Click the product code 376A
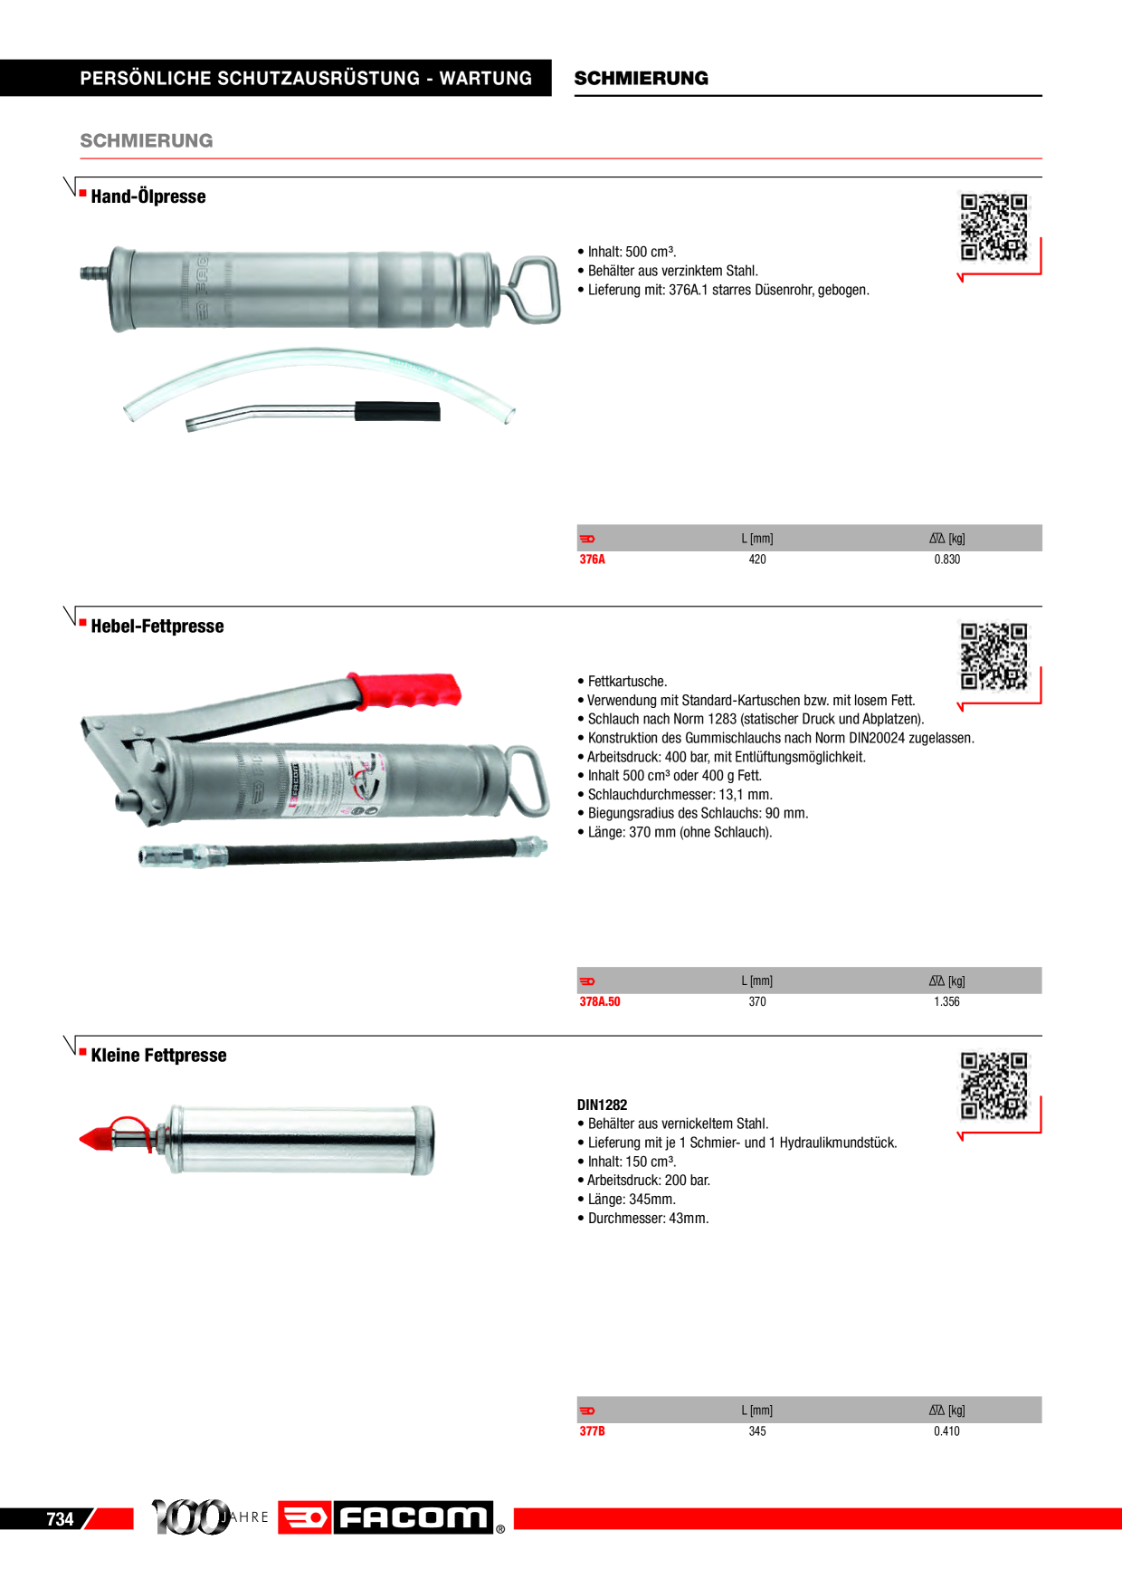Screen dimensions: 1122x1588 click(x=592, y=560)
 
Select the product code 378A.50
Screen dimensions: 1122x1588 click(x=600, y=1001)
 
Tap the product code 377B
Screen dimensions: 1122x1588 click(x=592, y=1430)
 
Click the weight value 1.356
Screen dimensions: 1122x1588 click(x=946, y=1001)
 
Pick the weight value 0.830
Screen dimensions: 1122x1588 click(x=946, y=560)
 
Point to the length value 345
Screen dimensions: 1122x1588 click(x=757, y=1430)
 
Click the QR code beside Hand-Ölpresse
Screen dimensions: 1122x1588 click(x=994, y=227)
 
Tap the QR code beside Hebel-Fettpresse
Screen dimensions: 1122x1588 click(x=994, y=656)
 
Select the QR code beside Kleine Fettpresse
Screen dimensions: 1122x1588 click(x=994, y=1086)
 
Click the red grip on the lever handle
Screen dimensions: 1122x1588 click(x=405, y=689)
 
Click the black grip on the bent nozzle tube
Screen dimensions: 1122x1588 click(x=397, y=411)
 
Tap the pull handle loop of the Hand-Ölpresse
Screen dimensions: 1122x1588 click(x=535, y=289)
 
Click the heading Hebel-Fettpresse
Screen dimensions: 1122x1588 click(x=157, y=627)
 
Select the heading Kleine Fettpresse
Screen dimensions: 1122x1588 click(x=158, y=1056)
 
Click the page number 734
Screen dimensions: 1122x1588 click(x=60, y=1519)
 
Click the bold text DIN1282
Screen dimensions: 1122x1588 click(x=602, y=1105)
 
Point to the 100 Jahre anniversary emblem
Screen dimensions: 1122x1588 click(x=210, y=1516)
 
